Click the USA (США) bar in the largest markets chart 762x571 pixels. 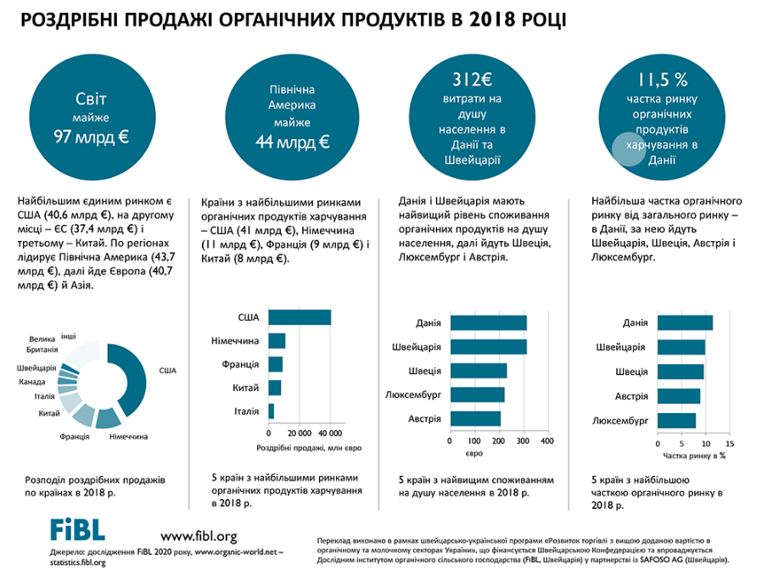(299, 316)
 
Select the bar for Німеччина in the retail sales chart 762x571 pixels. (277, 340)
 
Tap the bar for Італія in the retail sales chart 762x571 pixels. (271, 411)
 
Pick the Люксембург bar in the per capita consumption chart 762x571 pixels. (477, 395)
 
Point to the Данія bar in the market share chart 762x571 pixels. (684, 322)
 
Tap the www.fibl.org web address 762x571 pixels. (199, 535)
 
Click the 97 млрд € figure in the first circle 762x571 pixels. (91, 135)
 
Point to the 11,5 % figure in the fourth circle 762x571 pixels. (661, 81)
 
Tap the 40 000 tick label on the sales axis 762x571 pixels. (329, 433)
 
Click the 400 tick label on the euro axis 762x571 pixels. (546, 441)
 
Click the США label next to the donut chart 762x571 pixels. (167, 370)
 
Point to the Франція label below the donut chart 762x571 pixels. (75, 436)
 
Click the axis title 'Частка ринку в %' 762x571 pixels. (694, 456)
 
